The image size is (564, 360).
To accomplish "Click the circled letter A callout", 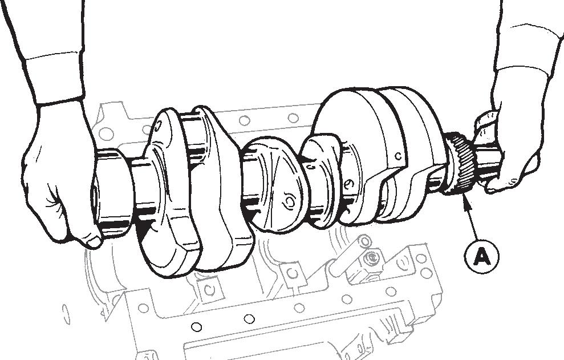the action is [x=481, y=257].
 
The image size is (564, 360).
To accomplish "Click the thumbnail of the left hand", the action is [x=94, y=242].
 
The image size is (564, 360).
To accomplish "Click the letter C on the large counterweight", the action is [x=397, y=156].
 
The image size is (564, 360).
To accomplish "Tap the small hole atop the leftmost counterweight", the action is [x=159, y=125].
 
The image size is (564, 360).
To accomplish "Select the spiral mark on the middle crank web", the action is [x=290, y=201].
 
